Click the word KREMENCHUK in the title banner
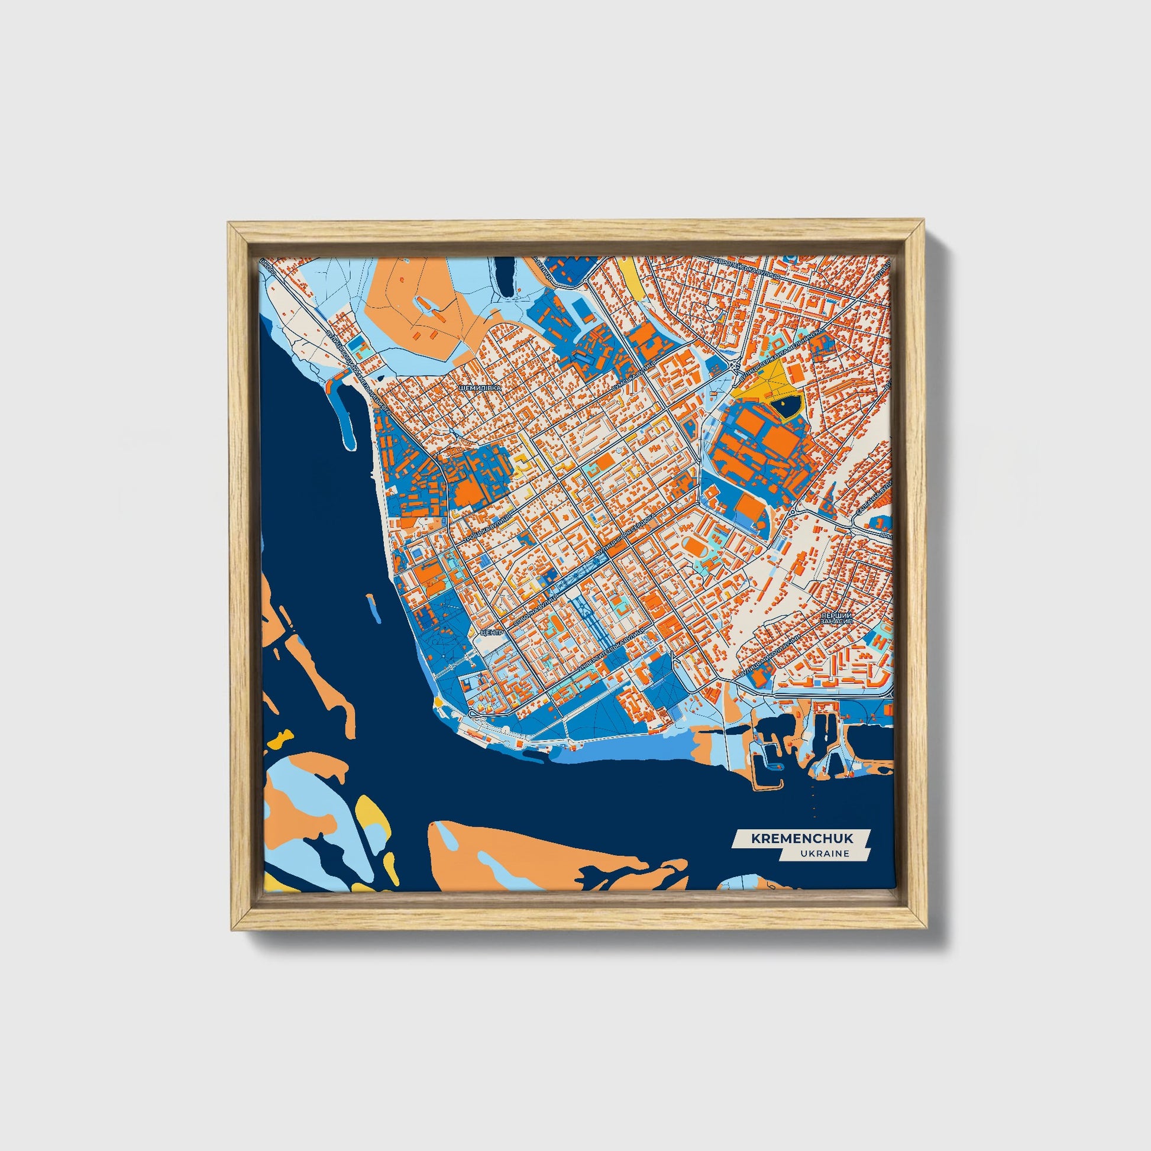click(x=801, y=838)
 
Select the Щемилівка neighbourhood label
click(x=480, y=387)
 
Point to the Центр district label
click(x=494, y=632)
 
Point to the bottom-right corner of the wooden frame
click(x=924, y=928)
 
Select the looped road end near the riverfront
click(x=473, y=714)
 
